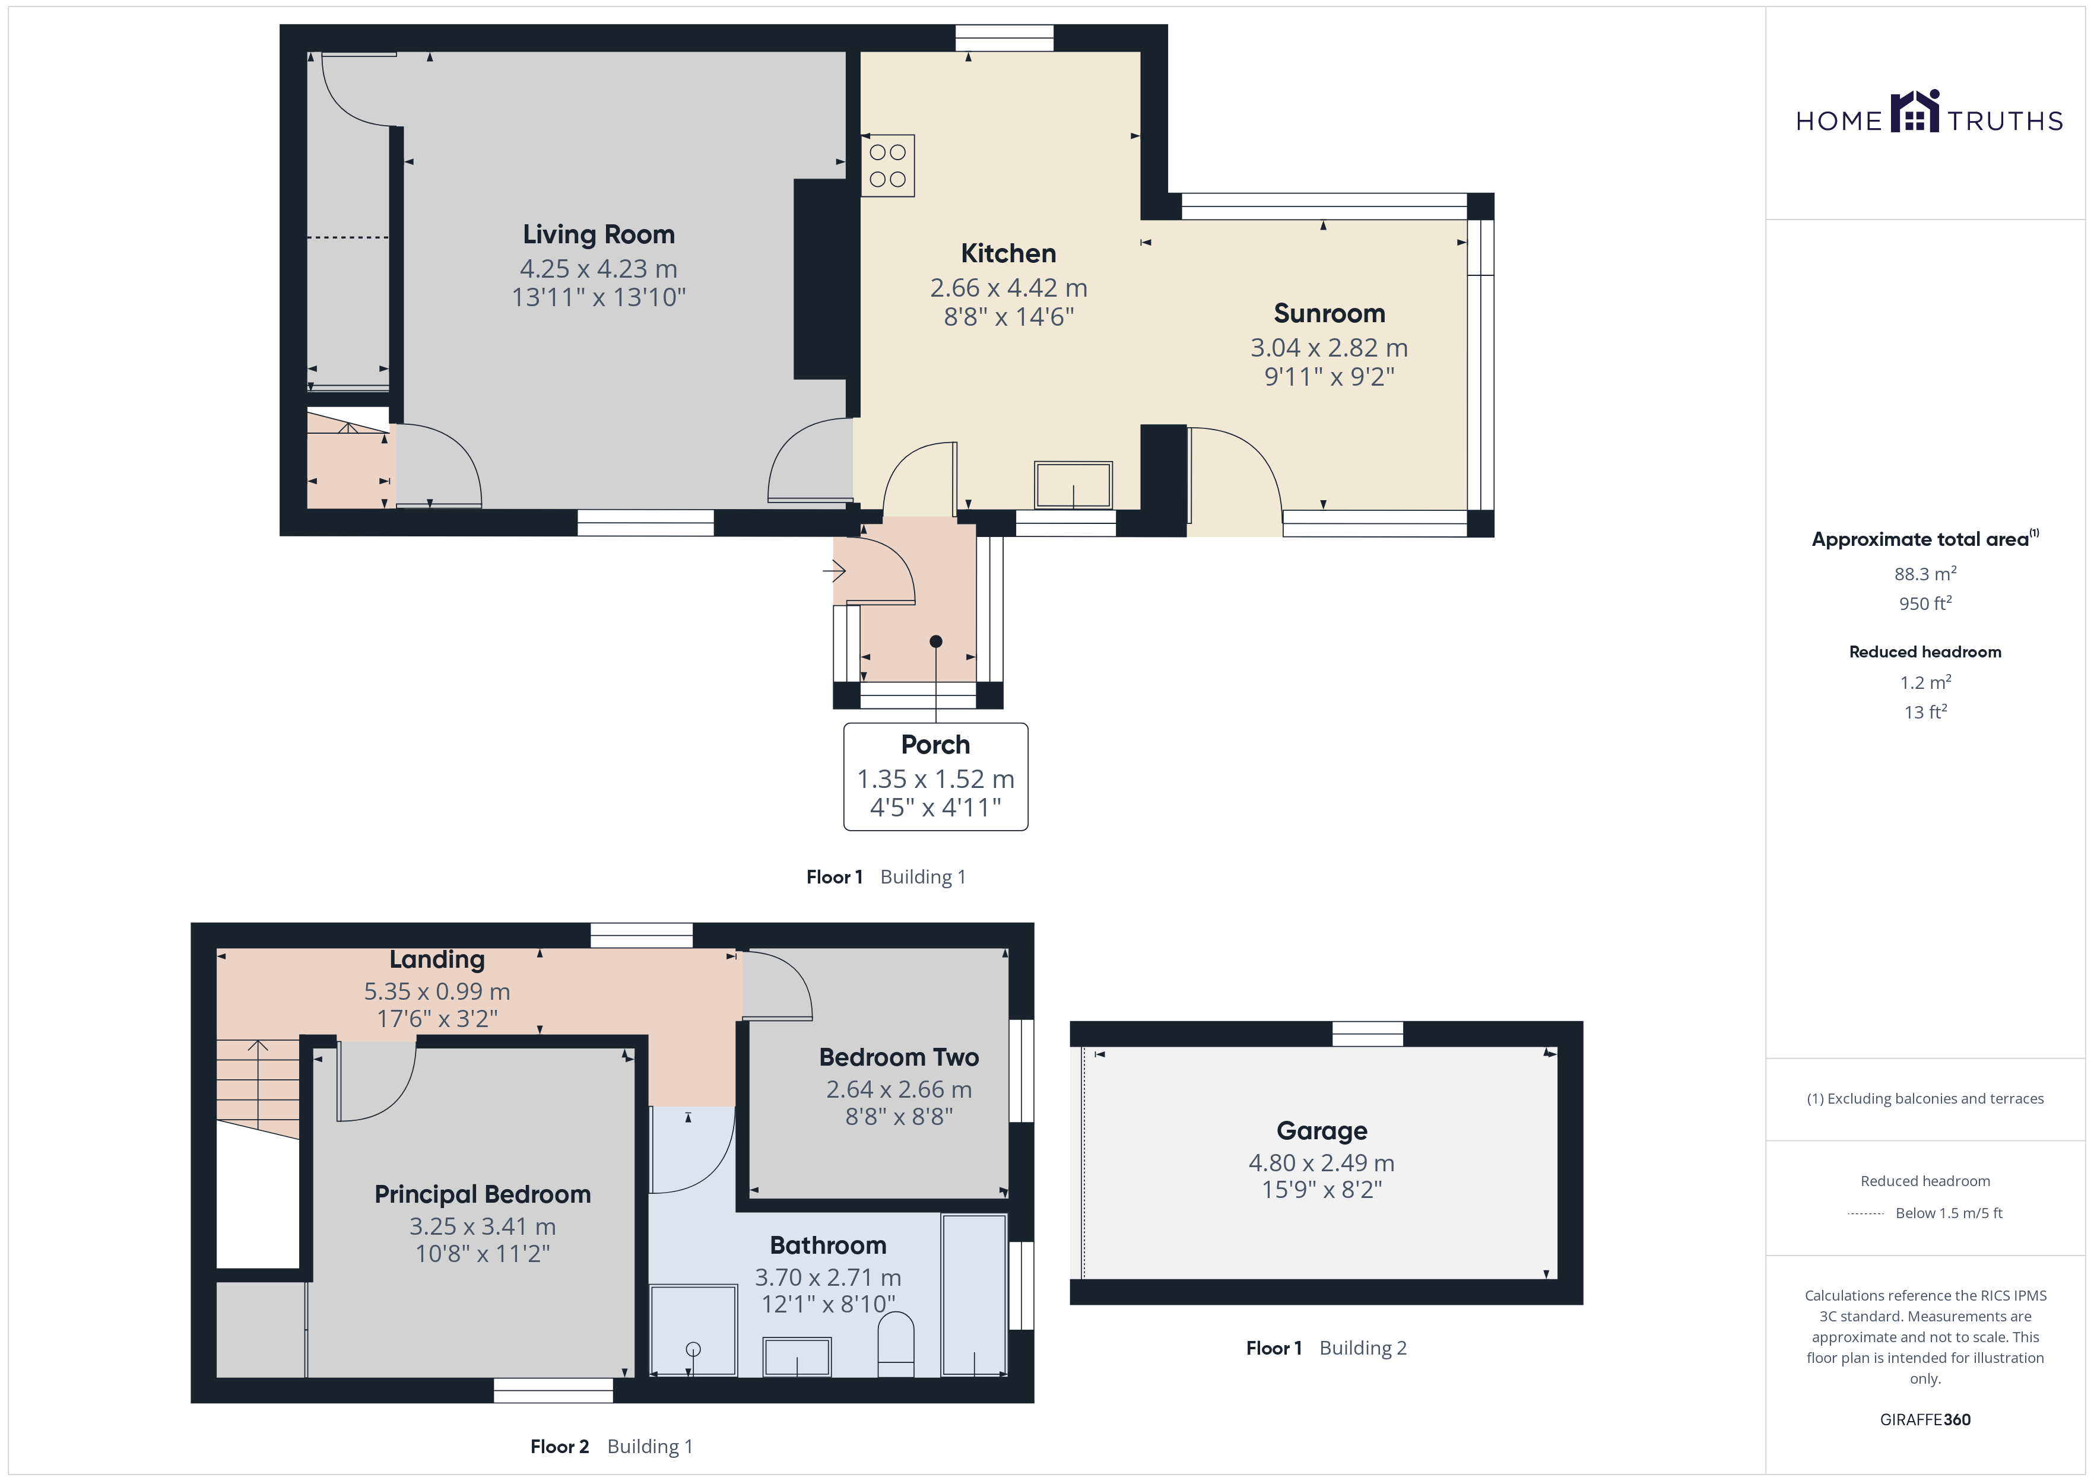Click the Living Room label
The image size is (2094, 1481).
pos(598,234)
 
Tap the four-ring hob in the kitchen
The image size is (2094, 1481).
pos(887,166)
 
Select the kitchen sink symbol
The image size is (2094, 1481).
pos(1073,485)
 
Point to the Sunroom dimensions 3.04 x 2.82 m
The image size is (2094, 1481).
pos(1329,348)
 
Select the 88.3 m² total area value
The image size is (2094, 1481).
pos(1925,574)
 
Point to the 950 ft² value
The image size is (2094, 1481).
pos(1925,603)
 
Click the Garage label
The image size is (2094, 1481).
pos(1322,1131)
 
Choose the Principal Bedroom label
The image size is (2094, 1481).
pos(483,1194)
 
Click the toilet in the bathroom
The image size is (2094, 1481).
pos(896,1344)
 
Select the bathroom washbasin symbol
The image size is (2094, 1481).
pos(796,1356)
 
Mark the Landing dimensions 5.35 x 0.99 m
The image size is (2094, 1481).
pos(437,991)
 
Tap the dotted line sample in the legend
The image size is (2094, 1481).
pos(1866,1214)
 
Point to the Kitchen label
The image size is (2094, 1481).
pos(1008,253)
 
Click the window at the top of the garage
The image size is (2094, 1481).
pos(1367,1033)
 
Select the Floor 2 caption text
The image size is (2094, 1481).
pos(559,1447)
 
